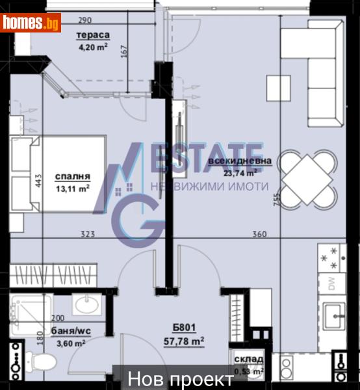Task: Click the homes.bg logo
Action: [x=31, y=23]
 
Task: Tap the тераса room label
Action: [x=93, y=36]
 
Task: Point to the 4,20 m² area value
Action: [x=92, y=47]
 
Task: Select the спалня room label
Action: [x=72, y=176]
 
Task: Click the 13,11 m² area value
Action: [x=72, y=188]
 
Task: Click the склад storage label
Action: [x=248, y=359]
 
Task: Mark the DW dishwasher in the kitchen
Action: [x=332, y=284]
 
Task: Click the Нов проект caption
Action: [x=180, y=379]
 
